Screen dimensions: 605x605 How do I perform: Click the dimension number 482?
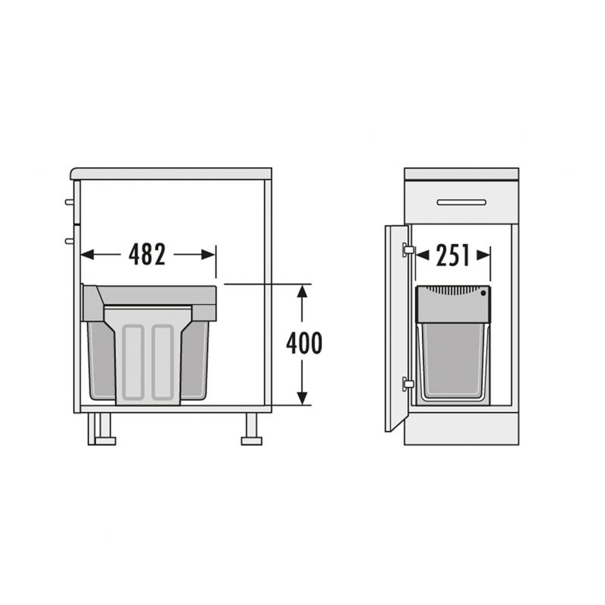(147, 255)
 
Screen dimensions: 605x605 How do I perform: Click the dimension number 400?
(304, 343)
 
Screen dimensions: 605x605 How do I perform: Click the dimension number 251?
(453, 255)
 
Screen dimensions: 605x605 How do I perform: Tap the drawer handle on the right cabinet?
(461, 203)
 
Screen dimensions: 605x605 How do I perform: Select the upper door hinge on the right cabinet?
(408, 250)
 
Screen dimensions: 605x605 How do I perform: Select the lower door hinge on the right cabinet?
(408, 384)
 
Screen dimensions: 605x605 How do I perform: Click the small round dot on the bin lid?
(483, 293)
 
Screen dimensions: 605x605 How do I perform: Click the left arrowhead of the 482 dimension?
(88, 255)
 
